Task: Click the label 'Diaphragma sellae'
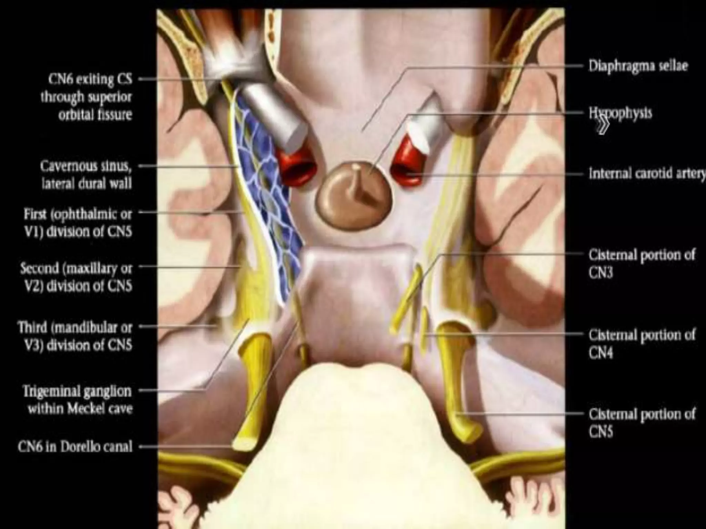(638, 66)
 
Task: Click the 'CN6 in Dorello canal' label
(75, 447)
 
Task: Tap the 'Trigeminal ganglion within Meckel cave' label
(78, 400)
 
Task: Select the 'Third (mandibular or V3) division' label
(75, 336)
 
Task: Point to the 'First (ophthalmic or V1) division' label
(78, 222)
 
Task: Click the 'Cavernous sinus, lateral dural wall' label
(86, 175)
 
